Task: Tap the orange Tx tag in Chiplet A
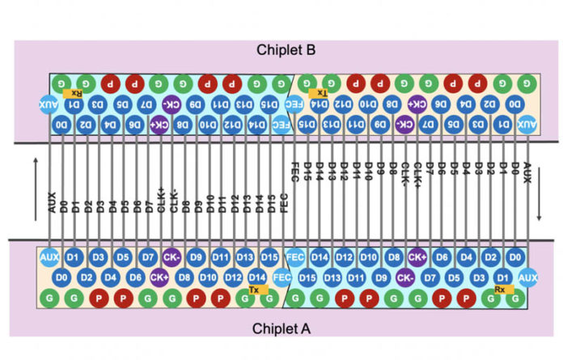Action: (254, 288)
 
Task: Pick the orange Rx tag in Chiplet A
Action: (500, 288)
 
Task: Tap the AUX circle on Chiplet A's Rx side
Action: (527, 277)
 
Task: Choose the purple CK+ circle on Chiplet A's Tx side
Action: (159, 277)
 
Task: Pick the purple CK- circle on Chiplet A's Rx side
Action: (405, 277)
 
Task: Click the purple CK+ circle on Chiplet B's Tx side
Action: (417, 104)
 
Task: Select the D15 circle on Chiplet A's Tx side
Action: (270, 257)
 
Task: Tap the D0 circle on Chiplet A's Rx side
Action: (514, 257)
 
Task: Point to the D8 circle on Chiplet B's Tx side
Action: (392, 104)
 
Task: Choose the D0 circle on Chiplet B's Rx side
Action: (61, 125)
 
